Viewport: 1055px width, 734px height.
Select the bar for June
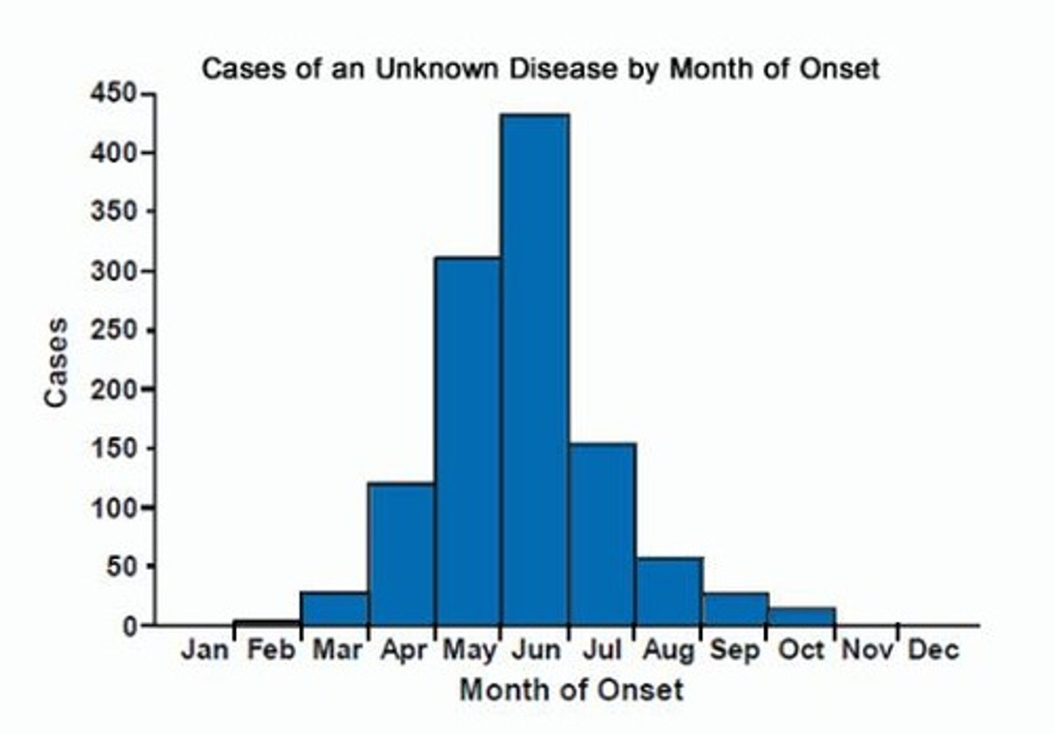[535, 369]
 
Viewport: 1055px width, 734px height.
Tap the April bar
[401, 554]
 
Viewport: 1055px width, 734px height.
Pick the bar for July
[601, 534]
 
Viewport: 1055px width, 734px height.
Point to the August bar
[668, 591]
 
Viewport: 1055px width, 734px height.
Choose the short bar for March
[335, 609]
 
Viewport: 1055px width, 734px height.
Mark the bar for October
[802, 616]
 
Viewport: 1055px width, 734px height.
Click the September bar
[735, 609]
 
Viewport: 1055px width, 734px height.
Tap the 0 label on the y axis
[129, 626]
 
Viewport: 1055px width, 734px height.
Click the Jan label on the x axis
[204, 650]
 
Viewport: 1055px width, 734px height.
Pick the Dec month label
[933, 650]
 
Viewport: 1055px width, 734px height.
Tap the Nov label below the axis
[867, 650]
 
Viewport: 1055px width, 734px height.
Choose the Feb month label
[270, 650]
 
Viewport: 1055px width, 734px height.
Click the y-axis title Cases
[56, 362]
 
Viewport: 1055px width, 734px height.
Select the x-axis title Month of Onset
[571, 690]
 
